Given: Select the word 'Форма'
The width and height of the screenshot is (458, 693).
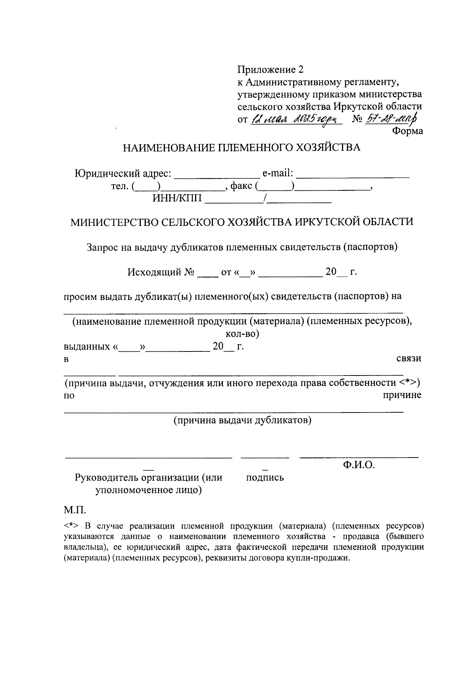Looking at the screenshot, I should tap(408, 131).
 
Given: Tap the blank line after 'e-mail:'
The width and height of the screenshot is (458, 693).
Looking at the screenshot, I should tap(353, 175).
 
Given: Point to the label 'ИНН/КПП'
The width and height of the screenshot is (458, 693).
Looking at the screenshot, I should tap(177, 198).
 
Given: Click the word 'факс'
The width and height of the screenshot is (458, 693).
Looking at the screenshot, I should tap(241, 186).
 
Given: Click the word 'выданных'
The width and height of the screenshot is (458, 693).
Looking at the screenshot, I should tap(86, 347).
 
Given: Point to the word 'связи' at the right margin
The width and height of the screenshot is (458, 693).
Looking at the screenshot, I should tap(408, 359).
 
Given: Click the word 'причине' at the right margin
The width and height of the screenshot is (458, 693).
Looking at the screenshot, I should tap(402, 395).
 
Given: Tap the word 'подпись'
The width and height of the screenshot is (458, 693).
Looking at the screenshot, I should tap(265, 477).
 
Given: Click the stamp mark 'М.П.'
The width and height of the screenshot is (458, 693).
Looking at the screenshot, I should tap(74, 510).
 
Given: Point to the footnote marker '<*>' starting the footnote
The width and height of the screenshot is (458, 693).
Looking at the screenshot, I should tap(71, 526).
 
